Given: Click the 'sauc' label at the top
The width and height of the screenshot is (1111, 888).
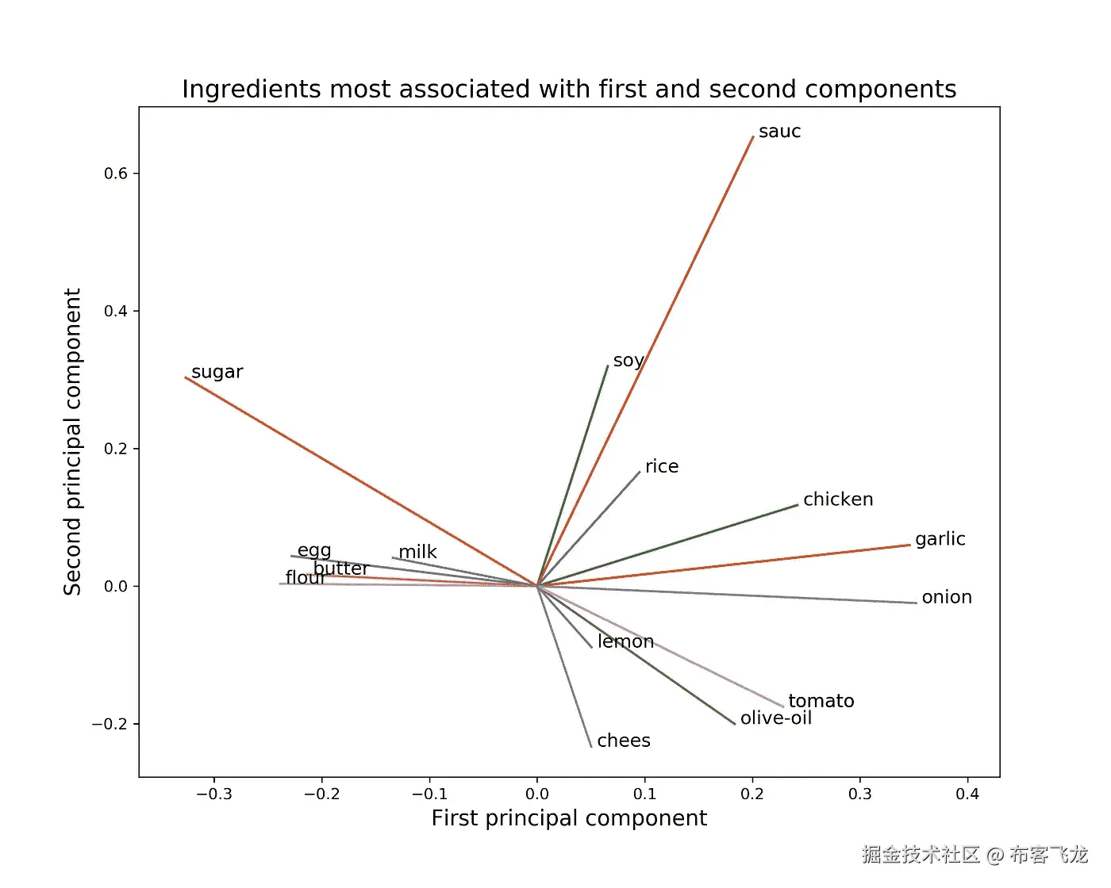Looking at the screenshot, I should tap(779, 132).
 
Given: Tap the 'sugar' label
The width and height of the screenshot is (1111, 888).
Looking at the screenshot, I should tap(217, 372).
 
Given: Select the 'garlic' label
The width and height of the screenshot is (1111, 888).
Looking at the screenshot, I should tap(940, 539).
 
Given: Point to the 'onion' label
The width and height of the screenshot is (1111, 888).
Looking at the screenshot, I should tap(946, 597).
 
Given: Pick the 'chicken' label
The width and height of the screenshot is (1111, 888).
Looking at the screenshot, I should tap(837, 499).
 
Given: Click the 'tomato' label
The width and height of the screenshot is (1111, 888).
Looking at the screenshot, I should tap(821, 701).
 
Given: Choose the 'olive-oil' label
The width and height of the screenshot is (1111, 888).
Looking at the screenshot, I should tap(775, 718).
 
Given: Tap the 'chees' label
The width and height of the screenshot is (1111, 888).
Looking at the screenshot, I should tap(623, 741).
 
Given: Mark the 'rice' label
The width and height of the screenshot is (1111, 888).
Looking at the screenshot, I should tap(661, 467).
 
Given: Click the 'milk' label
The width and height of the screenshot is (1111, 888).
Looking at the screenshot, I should tap(417, 552).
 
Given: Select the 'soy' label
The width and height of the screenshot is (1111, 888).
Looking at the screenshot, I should tap(628, 361).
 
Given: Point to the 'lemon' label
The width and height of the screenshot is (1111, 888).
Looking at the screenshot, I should tap(625, 641).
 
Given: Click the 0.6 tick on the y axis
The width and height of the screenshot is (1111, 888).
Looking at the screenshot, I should tap(116, 174).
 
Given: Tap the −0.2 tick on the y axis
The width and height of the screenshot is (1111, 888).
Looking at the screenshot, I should tap(110, 724).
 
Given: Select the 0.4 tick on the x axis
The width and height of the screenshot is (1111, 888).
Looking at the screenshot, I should tap(967, 794).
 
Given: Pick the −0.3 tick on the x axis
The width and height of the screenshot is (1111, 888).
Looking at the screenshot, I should tap(214, 794).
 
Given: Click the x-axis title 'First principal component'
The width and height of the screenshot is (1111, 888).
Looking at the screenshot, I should tap(569, 818).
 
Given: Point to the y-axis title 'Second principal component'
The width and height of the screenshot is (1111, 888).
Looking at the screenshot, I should tap(73, 442).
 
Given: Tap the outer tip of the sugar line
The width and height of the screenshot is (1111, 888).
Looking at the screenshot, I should tap(186, 377).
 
